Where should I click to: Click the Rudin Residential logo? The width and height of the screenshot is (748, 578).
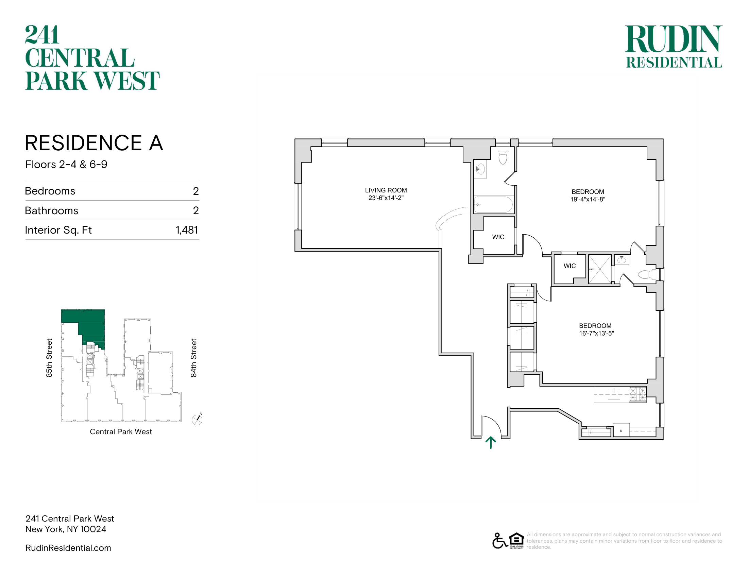[674, 47]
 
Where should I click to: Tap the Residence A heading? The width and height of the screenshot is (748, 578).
[94, 143]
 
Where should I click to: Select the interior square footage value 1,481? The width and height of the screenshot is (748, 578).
[187, 230]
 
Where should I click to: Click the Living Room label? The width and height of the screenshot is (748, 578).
[386, 190]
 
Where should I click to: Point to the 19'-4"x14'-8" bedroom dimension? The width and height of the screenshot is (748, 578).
[588, 199]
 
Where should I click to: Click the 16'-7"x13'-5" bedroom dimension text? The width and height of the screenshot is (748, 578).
[596, 333]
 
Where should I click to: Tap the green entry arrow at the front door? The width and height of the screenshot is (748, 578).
[491, 442]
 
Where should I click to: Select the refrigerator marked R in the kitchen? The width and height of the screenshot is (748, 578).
[621, 430]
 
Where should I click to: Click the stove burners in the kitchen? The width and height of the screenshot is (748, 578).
[638, 394]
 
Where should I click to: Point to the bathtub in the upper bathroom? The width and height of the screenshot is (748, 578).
[493, 205]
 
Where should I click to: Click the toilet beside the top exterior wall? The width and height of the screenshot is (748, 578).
[503, 156]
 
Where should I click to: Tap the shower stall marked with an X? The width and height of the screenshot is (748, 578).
[600, 269]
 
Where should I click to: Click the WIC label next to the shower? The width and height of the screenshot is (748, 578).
[570, 266]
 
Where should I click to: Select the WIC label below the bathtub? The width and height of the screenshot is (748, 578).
[498, 237]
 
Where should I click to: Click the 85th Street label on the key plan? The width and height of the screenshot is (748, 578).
[49, 358]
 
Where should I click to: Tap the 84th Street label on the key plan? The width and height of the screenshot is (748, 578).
[194, 358]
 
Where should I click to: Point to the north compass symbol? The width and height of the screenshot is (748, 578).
[197, 419]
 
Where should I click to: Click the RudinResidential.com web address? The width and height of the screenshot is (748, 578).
[68, 548]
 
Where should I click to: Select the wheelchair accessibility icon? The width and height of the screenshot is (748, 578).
[500, 541]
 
